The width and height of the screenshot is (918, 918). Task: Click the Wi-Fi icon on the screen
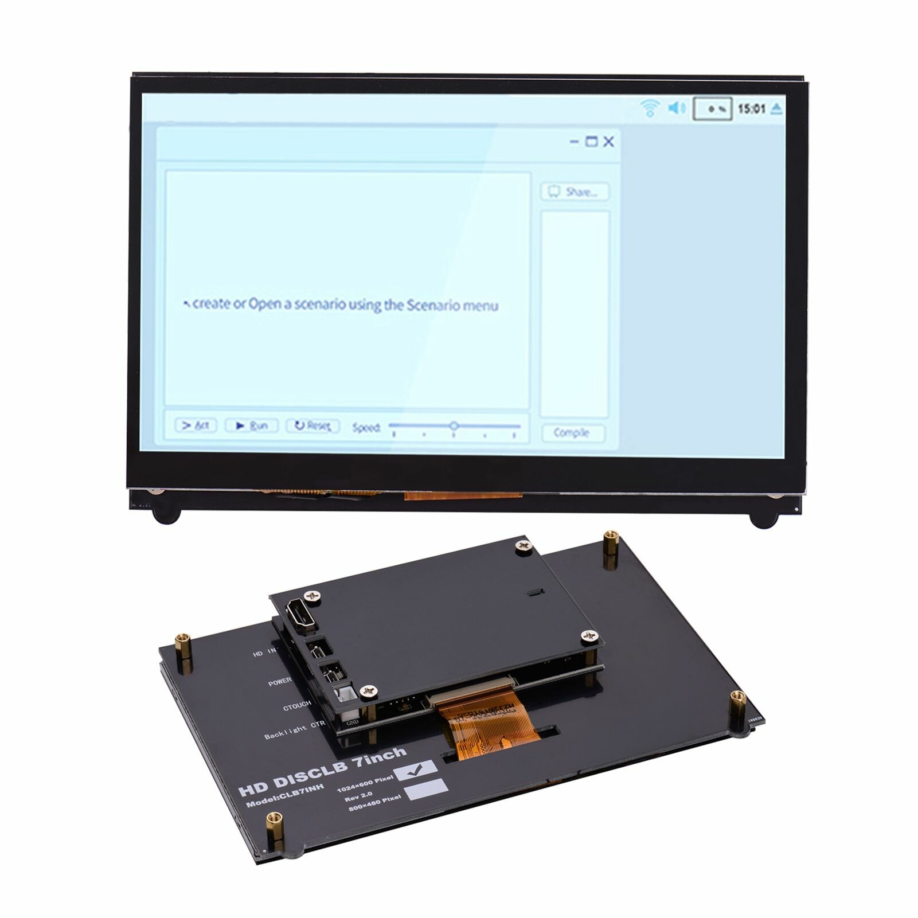pyautogui.click(x=650, y=108)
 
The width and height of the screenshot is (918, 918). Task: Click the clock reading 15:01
pyautogui.click(x=751, y=108)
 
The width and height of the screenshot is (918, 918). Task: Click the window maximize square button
pyautogui.click(x=591, y=142)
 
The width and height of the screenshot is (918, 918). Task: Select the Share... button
pyautogui.click(x=575, y=192)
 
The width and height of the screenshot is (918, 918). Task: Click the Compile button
pyautogui.click(x=572, y=433)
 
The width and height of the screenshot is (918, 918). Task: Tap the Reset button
pyautogui.click(x=313, y=425)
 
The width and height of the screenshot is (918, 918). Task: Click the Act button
pyautogui.click(x=196, y=425)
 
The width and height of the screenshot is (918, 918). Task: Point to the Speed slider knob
pyautogui.click(x=454, y=426)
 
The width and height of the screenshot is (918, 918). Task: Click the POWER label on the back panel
pyautogui.click(x=280, y=682)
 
